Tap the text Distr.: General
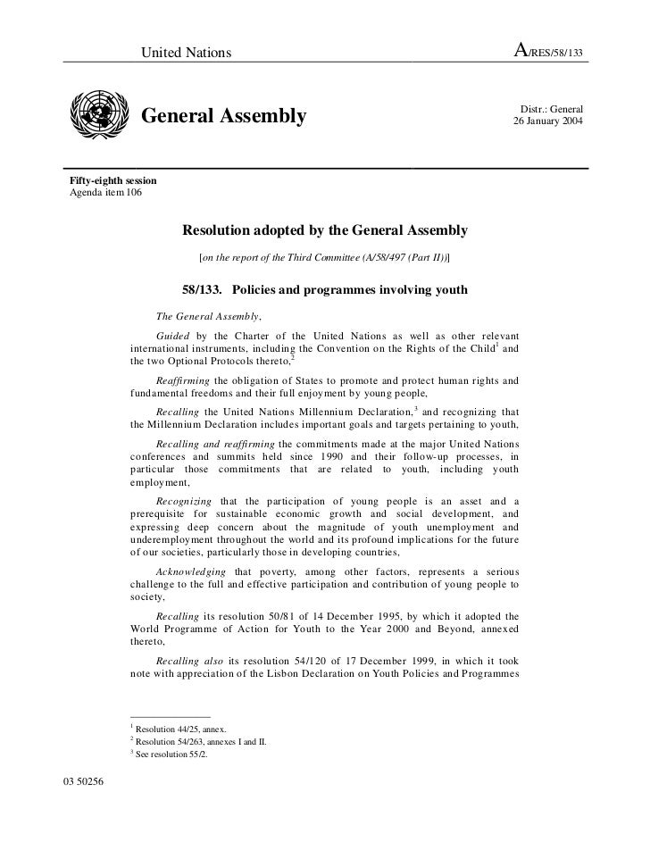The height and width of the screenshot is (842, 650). click(551, 108)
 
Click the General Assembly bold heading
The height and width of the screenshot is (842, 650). click(225, 117)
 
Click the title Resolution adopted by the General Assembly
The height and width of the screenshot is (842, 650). click(325, 230)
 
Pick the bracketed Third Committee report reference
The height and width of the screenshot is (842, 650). click(325, 258)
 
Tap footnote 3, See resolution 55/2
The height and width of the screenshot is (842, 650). click(171, 754)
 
